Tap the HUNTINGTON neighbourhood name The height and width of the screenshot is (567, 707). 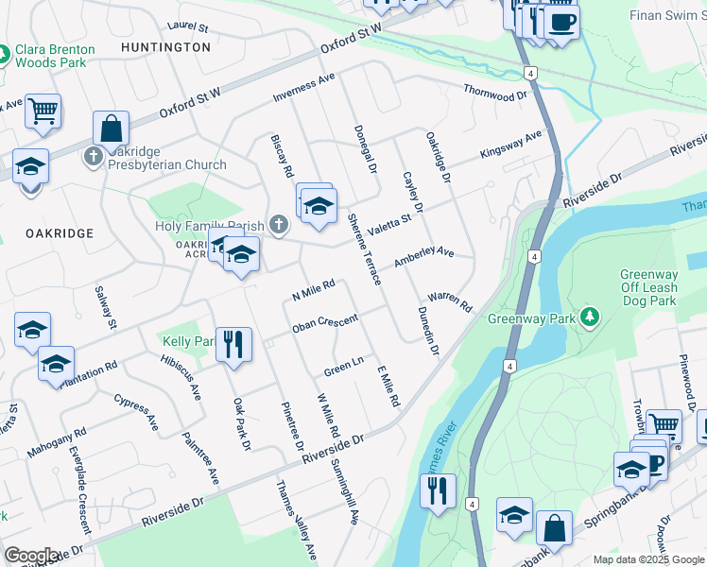click(x=165, y=46)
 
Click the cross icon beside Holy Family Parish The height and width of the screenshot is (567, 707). click(x=277, y=225)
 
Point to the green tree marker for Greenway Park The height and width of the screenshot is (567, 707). click(x=590, y=315)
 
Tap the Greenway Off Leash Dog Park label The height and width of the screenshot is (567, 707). click(x=649, y=287)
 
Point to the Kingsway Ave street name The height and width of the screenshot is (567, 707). click(x=511, y=144)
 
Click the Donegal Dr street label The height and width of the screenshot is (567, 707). click(x=365, y=149)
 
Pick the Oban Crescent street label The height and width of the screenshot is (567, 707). click(x=324, y=325)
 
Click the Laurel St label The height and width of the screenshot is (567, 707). click(x=186, y=28)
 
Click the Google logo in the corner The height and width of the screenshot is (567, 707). click(x=31, y=556)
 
